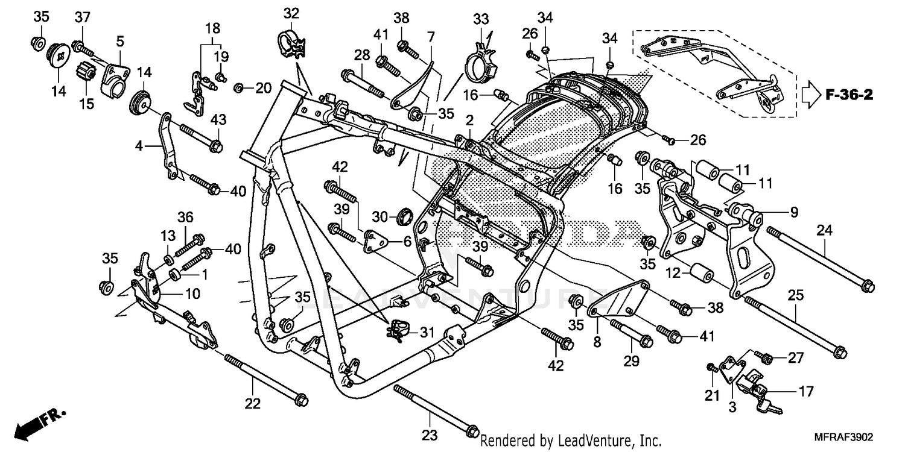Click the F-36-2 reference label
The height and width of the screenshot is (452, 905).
[849, 95]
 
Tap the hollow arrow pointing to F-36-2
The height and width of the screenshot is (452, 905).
[811, 95]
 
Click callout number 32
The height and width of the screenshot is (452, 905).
[291, 13]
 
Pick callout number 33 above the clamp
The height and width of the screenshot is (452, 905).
[481, 19]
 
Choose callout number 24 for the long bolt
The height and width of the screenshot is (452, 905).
[825, 230]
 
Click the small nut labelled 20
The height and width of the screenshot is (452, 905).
[239, 89]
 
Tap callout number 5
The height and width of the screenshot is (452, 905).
[120, 41]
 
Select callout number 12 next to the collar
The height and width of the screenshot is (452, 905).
[673, 272]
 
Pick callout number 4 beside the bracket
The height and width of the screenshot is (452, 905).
[139, 146]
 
